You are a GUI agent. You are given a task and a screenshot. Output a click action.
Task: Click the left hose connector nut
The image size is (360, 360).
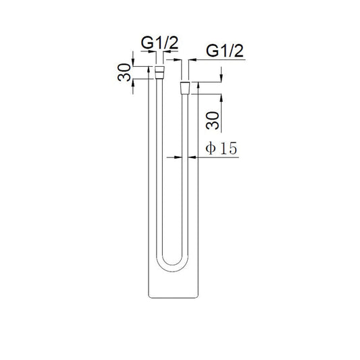coord(160,70)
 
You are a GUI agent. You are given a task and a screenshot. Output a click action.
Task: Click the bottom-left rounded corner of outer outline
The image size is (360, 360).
coord(149,295)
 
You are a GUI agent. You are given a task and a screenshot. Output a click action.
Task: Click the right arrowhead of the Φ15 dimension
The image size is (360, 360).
coord(192,157)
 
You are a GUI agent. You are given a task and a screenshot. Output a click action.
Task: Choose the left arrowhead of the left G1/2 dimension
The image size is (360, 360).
coord(154,59)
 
